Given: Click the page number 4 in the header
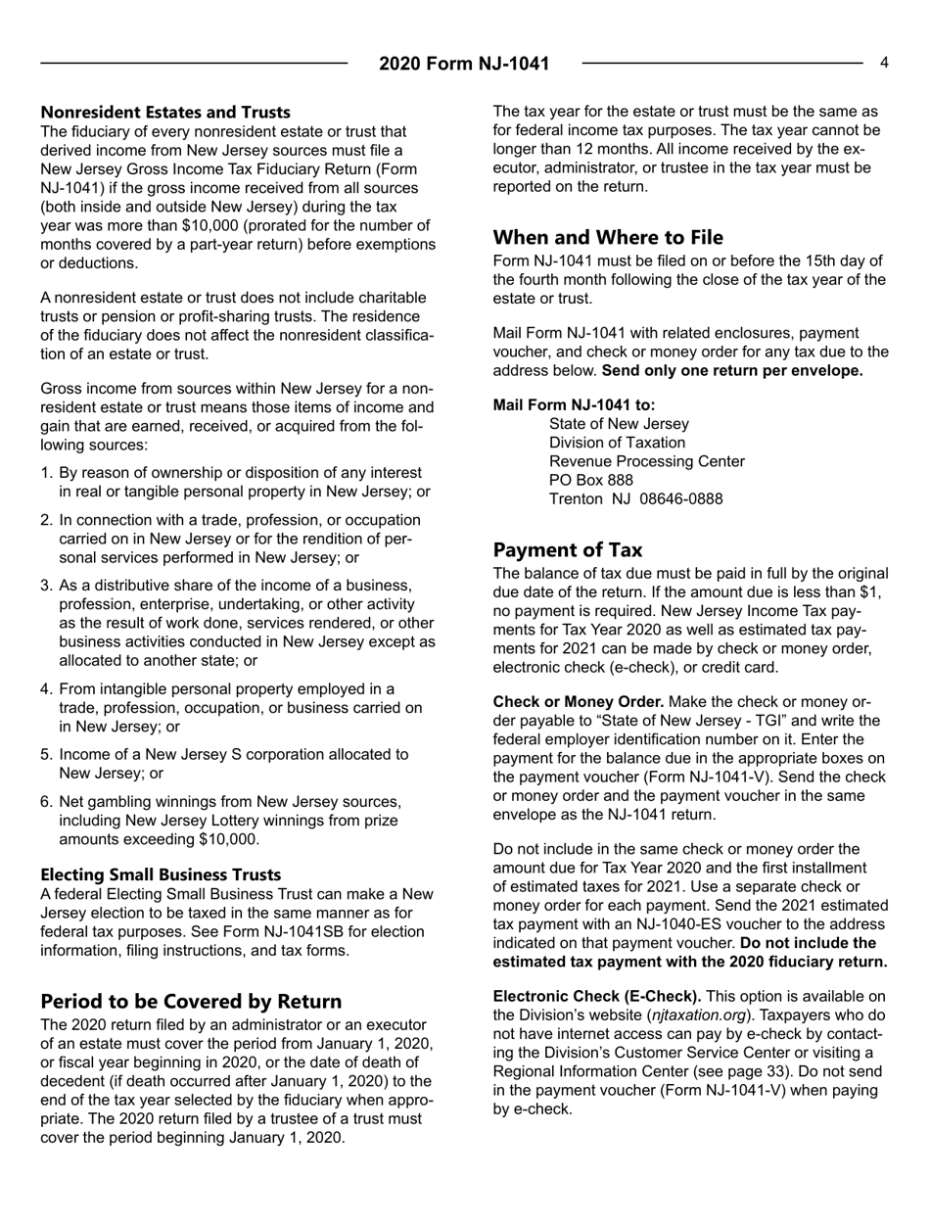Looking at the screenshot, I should pyautogui.click(x=883, y=63).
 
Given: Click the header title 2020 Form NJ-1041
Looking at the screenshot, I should pyautogui.click(x=464, y=65).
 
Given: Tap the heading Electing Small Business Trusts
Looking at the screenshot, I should pyautogui.click(x=161, y=873).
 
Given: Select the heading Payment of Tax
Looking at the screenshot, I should pyautogui.click(x=568, y=549).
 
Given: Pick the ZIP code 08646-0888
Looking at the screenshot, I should pyautogui.click(x=681, y=498).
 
